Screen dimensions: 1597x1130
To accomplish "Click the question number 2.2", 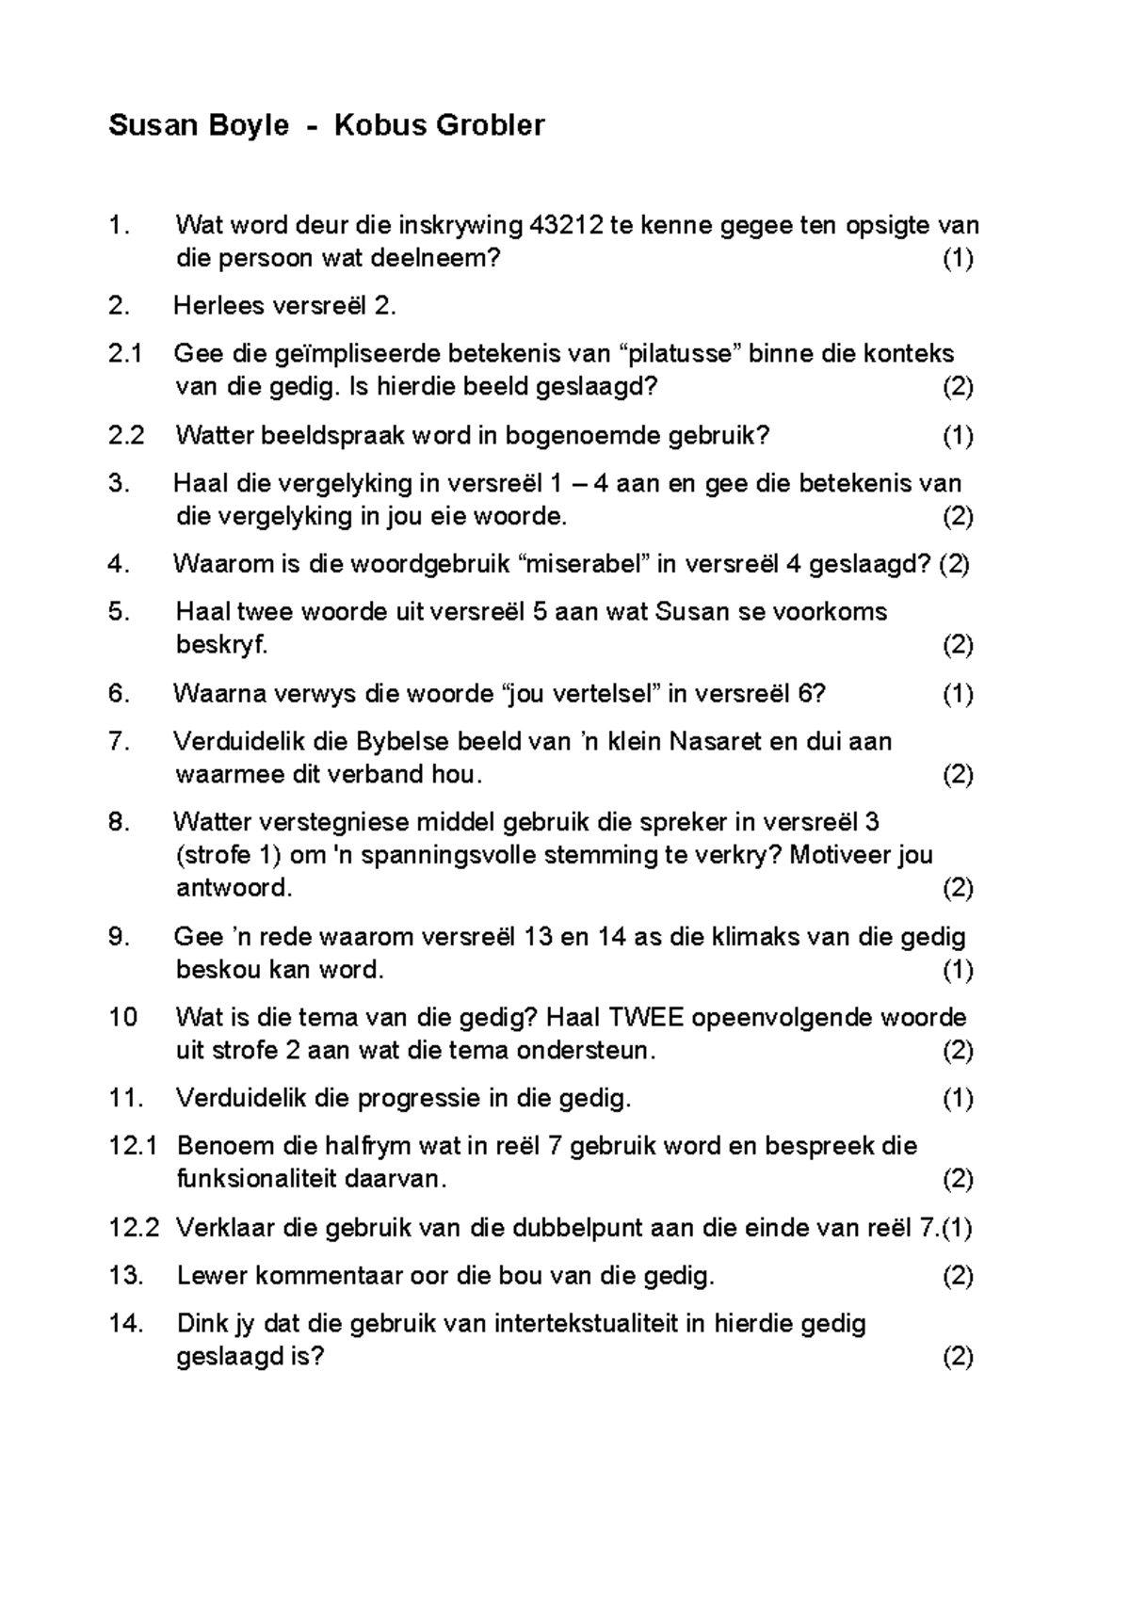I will (126, 435).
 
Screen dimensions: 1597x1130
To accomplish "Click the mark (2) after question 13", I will (958, 1276).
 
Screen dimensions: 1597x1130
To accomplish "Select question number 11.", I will (124, 1099).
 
